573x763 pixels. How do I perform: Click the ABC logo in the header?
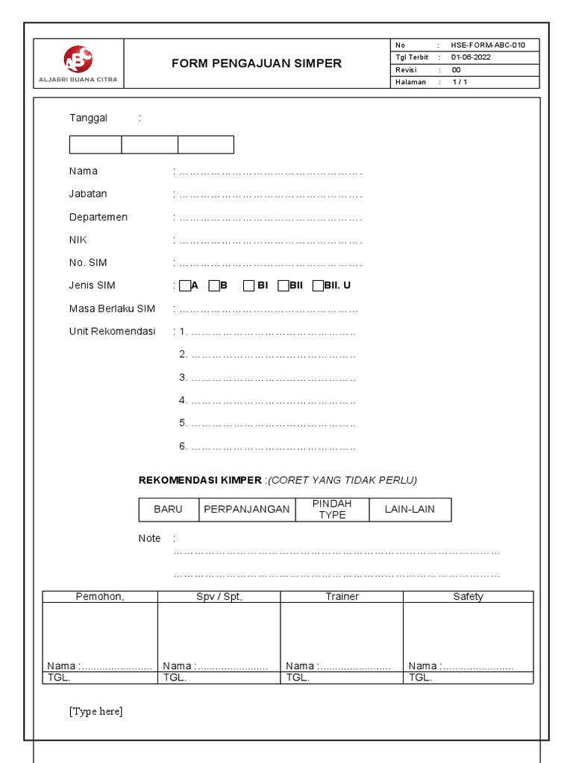[x=78, y=59]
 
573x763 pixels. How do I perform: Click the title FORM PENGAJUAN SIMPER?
[x=257, y=63]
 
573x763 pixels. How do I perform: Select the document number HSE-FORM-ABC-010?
[x=487, y=45]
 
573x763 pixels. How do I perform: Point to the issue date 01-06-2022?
[x=471, y=57]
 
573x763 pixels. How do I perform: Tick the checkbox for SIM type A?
[x=185, y=286]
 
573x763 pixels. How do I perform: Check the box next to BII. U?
[x=318, y=286]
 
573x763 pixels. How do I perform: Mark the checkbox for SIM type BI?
[x=249, y=286]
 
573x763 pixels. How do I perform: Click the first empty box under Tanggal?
[x=95, y=145]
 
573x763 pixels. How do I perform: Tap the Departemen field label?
[x=98, y=217]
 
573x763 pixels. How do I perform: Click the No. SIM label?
[x=88, y=262]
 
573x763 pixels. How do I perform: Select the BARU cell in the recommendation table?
[x=168, y=510]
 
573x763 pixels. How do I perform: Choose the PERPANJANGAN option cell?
[x=246, y=510]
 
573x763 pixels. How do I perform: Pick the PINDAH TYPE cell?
[x=332, y=510]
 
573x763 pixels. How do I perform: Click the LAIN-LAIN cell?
[x=410, y=510]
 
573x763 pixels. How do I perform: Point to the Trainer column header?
[x=342, y=596]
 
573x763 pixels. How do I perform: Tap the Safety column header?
[x=468, y=596]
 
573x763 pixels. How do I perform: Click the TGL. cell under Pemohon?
[x=100, y=678]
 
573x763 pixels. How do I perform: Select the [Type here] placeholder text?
[x=96, y=712]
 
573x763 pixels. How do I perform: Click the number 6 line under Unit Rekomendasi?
[x=266, y=447]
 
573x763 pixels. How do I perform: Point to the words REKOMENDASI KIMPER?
[x=200, y=480]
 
